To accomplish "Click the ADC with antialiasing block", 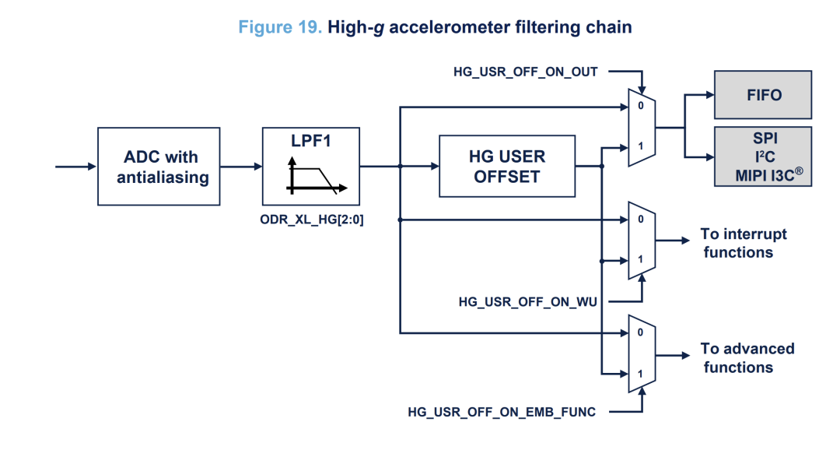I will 163,167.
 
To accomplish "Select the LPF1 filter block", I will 312,166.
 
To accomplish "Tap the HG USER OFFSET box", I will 507,166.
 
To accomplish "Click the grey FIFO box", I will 762,95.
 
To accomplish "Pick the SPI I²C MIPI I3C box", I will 762,156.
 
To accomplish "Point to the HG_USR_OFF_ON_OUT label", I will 526,72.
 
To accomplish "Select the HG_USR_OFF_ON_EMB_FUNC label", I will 502,412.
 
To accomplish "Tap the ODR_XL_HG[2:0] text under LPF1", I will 312,220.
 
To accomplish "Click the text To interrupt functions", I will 742,243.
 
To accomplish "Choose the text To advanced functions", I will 746,358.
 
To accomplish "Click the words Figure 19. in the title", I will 279,27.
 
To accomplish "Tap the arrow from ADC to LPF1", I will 241,167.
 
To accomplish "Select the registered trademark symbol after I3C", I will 798,170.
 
